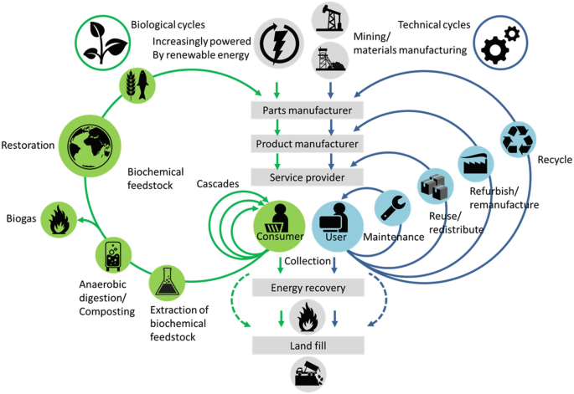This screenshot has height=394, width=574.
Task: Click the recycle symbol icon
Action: click(518, 141)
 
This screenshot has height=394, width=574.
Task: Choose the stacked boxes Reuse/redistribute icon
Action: click(435, 185)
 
